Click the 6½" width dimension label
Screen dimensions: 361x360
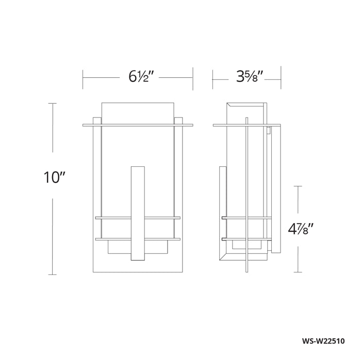[141, 76]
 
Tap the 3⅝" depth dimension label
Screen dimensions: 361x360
[250, 76]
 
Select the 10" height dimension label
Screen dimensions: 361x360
[55, 177]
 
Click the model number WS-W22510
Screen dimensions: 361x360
[323, 340]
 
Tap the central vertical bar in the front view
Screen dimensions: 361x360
[138, 213]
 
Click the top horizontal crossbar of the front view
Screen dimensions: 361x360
[138, 125]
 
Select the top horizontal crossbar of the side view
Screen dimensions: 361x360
[247, 125]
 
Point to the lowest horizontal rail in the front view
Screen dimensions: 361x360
[138, 239]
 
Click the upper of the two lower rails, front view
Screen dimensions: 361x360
[138, 218]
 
